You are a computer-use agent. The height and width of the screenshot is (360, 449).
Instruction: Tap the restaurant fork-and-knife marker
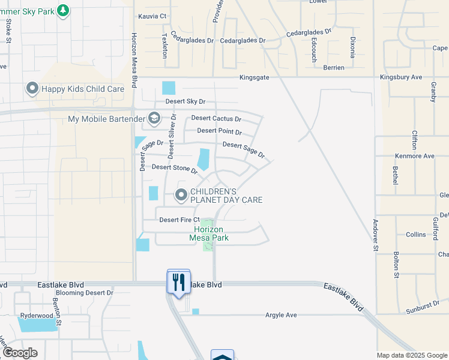tap(178, 281)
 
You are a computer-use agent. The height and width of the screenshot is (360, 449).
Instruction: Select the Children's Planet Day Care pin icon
tap(181, 195)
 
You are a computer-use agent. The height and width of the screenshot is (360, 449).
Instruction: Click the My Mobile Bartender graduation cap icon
tap(154, 118)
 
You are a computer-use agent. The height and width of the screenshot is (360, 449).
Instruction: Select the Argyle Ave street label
tap(282, 315)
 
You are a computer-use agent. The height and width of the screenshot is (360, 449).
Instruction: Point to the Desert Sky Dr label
tap(185, 102)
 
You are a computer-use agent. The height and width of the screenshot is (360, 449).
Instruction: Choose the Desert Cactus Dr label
tap(216, 119)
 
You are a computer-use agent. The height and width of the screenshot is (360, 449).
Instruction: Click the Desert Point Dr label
tap(219, 131)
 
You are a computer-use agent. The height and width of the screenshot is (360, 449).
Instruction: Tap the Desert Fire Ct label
tap(179, 220)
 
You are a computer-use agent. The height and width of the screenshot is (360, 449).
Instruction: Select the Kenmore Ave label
tap(414, 156)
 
